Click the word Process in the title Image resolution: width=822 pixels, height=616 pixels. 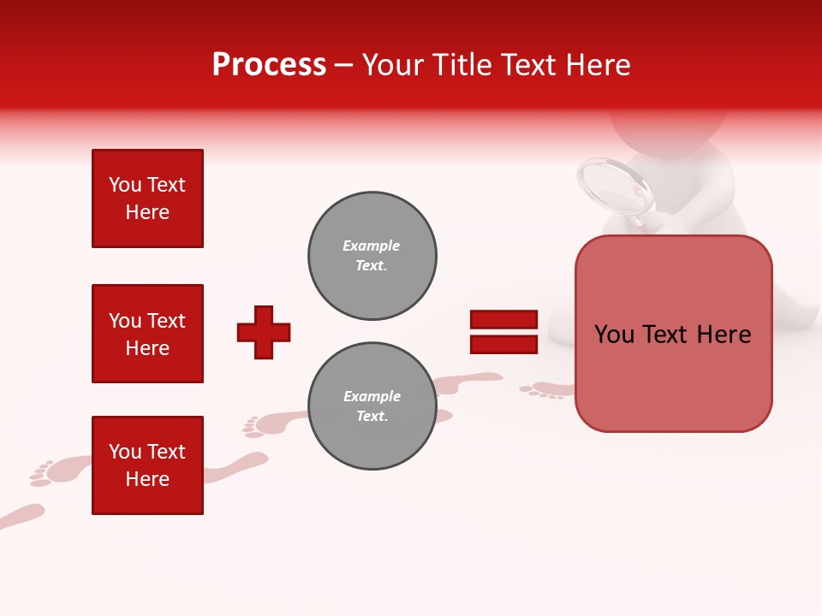(x=269, y=64)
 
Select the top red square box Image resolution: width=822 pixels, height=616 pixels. (x=147, y=198)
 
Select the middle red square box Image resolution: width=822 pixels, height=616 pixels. (x=147, y=334)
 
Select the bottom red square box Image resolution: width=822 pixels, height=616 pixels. (x=147, y=465)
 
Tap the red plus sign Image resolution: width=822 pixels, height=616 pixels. (x=264, y=332)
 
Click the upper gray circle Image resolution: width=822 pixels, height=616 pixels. (x=372, y=256)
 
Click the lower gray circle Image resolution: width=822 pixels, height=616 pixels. (x=372, y=406)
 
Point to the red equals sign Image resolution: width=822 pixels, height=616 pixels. (x=503, y=332)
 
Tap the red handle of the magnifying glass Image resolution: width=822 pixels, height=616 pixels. (x=638, y=221)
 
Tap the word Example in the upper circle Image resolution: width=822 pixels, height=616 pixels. (x=372, y=246)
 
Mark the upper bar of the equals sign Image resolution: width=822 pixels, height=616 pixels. (x=503, y=320)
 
